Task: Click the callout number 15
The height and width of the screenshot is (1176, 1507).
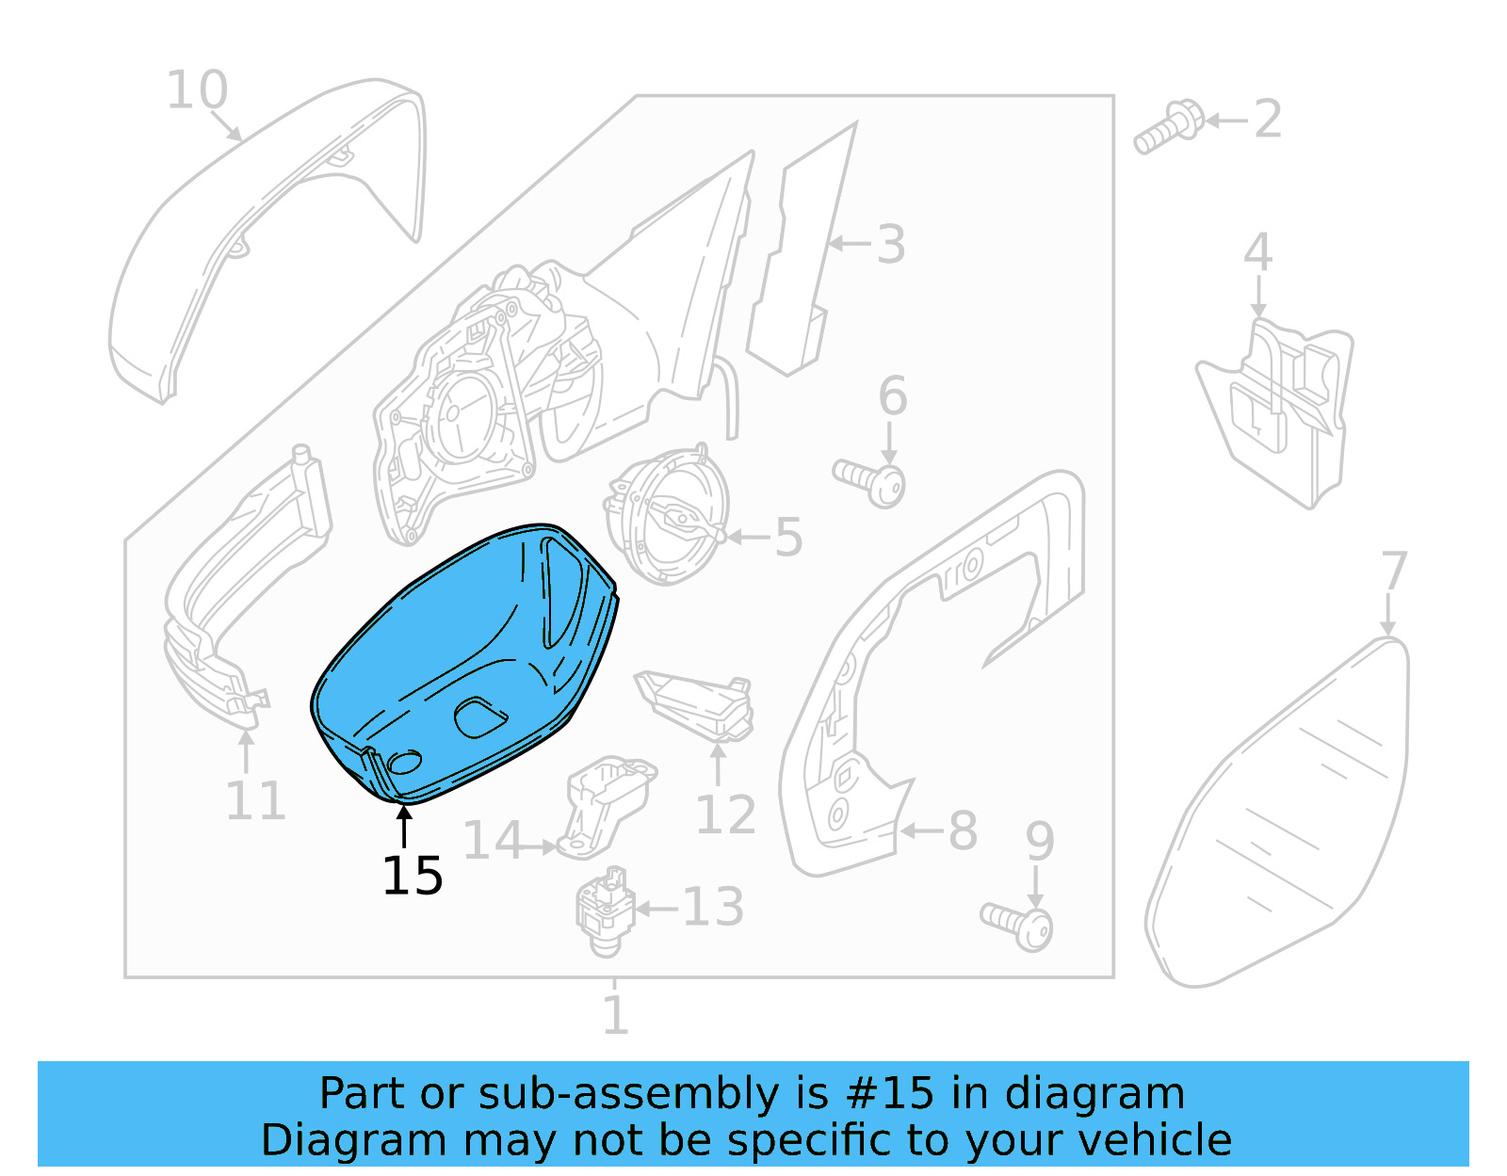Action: tap(413, 876)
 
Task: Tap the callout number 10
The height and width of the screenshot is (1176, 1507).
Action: tap(197, 90)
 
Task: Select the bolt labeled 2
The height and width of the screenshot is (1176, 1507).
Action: tap(1168, 127)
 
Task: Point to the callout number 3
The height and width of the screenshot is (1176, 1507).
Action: tap(890, 244)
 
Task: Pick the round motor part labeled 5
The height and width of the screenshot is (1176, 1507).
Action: tap(669, 518)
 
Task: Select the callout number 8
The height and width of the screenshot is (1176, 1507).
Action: tap(962, 830)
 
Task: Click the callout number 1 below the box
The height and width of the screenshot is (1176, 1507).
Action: tap(615, 1015)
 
